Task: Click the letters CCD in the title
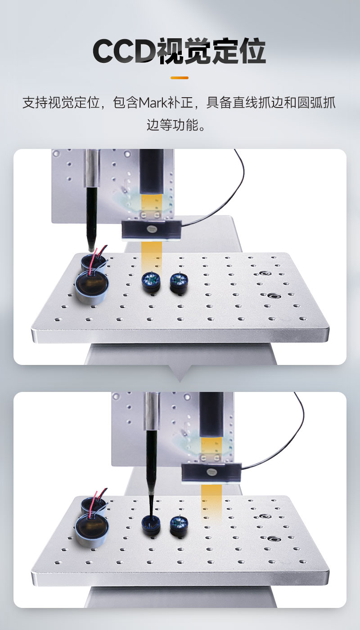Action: [x=125, y=51]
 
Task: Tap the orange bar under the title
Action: [x=180, y=77]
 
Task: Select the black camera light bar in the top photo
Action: [x=152, y=230]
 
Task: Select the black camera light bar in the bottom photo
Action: [x=211, y=472]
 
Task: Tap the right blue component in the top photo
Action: [x=179, y=283]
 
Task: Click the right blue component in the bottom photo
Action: [x=179, y=526]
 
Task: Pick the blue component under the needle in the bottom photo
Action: [x=151, y=526]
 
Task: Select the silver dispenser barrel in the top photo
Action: [x=92, y=168]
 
